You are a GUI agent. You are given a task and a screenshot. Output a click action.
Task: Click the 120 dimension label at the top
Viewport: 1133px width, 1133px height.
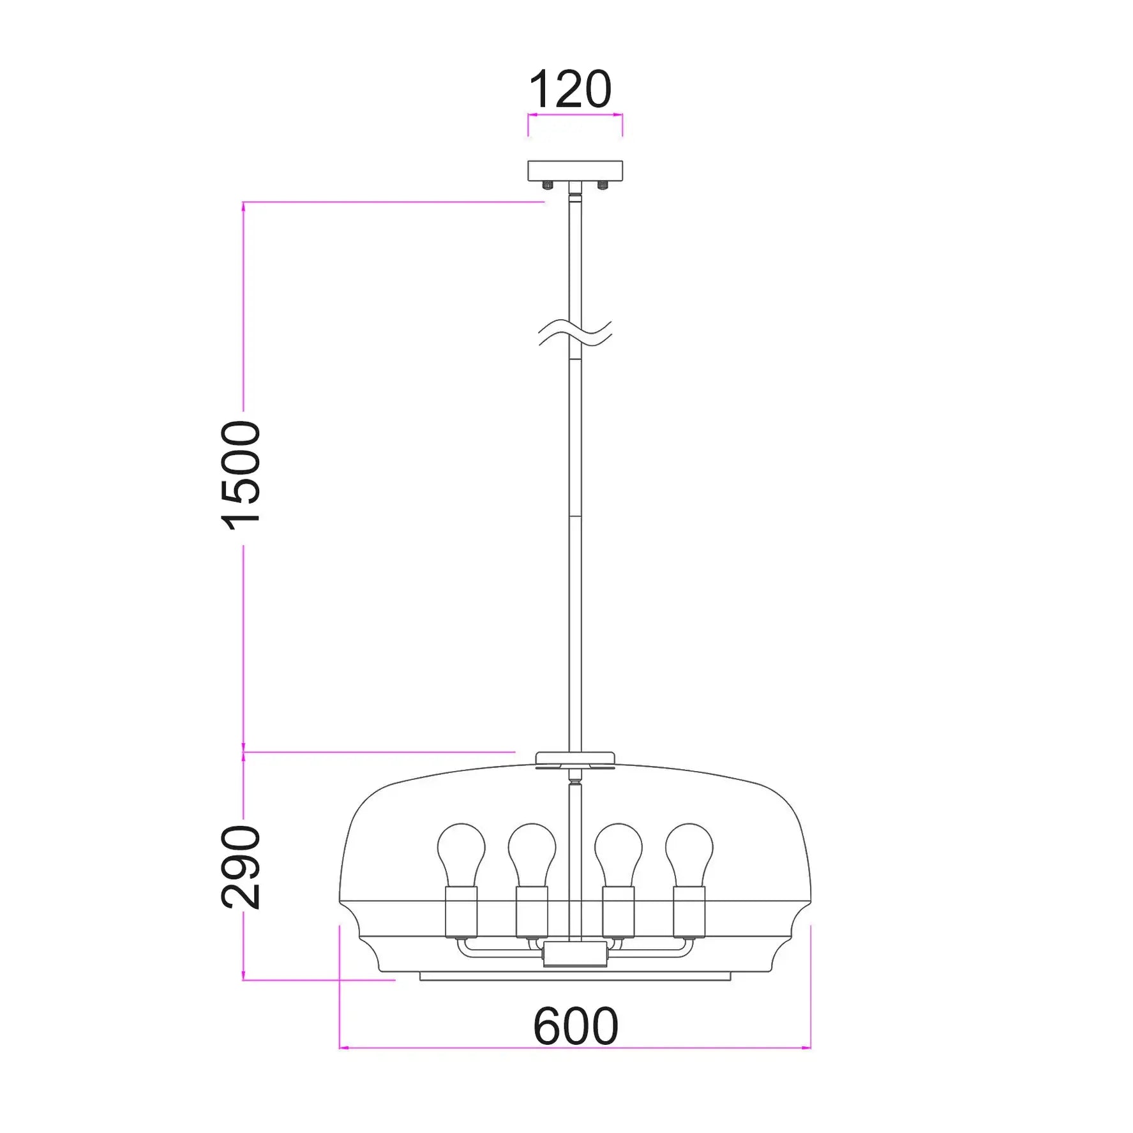click(x=570, y=89)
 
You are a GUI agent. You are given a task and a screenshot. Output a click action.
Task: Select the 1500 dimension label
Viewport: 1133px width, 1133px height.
click(x=241, y=476)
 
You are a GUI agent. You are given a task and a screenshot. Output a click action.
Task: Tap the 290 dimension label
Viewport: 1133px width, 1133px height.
click(x=241, y=867)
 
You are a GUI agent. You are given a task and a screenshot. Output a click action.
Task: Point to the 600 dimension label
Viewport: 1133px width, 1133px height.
click(x=576, y=1026)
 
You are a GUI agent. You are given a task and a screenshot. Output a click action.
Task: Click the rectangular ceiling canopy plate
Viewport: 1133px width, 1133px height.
click(x=575, y=170)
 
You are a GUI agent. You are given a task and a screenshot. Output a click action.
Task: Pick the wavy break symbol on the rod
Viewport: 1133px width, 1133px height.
click(x=575, y=333)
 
